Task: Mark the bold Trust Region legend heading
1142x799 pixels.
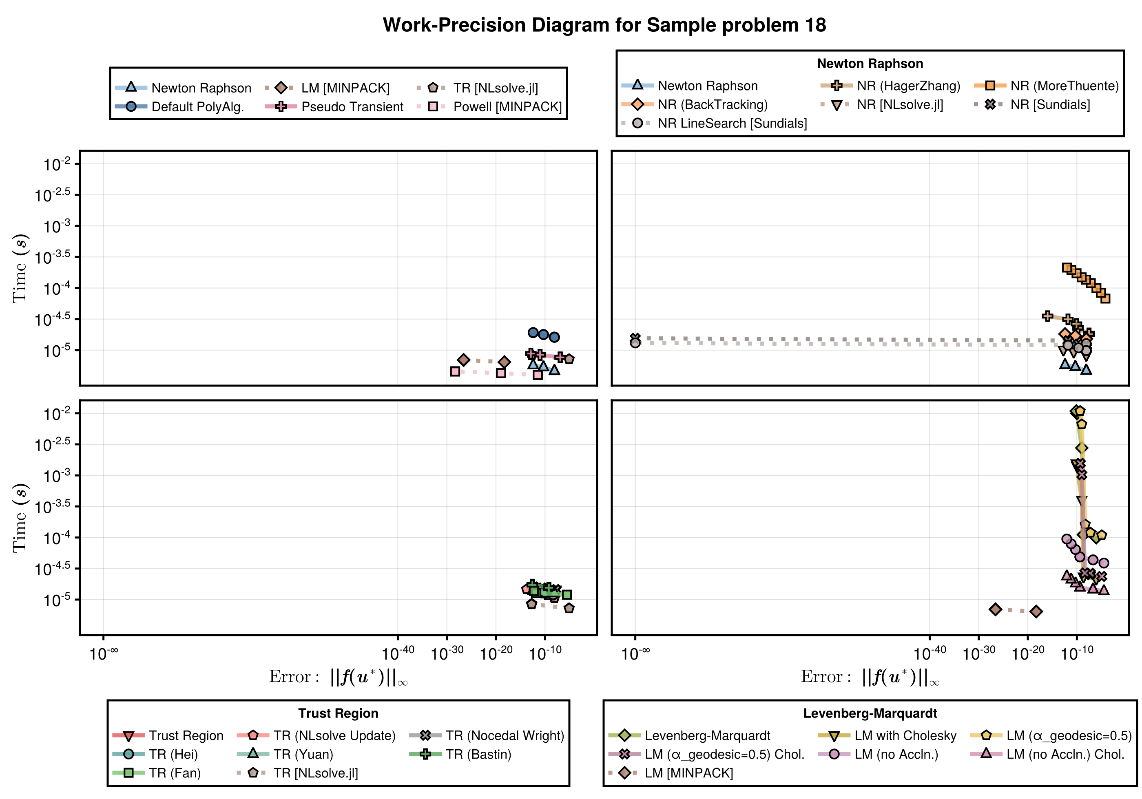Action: [338, 713]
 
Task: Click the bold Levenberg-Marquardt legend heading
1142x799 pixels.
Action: [870, 713]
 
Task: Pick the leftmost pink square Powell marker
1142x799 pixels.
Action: [455, 371]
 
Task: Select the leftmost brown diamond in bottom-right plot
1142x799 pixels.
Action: [995, 609]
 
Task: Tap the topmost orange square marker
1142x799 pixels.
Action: [1067, 267]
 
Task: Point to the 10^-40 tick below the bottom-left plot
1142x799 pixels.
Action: [398, 653]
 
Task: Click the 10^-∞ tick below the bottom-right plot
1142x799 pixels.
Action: [635, 653]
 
